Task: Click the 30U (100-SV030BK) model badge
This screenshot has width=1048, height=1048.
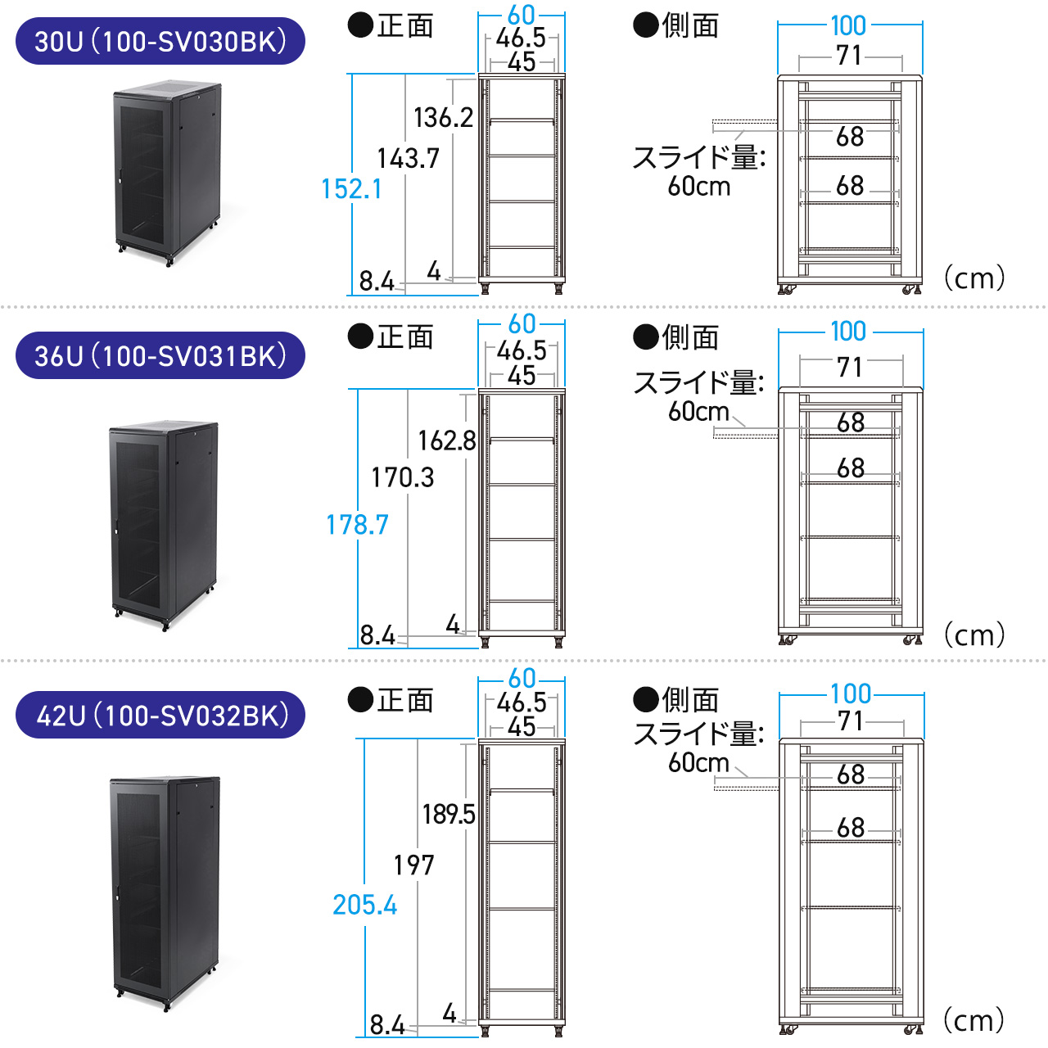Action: tap(160, 41)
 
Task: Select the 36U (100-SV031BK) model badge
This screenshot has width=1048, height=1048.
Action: tap(160, 355)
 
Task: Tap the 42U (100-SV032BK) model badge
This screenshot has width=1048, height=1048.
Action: tap(160, 715)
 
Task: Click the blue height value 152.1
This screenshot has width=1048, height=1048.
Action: tap(351, 189)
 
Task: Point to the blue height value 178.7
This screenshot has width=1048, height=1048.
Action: tap(357, 525)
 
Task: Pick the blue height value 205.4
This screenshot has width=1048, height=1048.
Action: tap(364, 905)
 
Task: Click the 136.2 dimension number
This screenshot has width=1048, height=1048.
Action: tap(443, 118)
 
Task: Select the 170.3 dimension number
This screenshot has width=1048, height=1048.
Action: tap(402, 477)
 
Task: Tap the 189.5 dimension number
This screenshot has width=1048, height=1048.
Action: tap(448, 814)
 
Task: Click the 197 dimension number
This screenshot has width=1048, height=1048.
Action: tap(413, 865)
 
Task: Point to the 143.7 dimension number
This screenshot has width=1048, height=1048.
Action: tap(408, 158)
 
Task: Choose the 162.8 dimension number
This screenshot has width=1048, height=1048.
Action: tap(446, 441)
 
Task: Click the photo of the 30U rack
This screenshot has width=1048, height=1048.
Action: tap(168, 172)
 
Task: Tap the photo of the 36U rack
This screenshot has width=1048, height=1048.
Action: tap(164, 524)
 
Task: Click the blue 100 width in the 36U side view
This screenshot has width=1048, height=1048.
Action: tap(848, 332)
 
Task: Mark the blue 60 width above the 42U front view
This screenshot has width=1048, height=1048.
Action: tap(522, 679)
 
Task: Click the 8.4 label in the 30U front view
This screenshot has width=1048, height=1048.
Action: tap(377, 282)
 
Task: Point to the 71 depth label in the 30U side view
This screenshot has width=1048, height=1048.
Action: tap(849, 56)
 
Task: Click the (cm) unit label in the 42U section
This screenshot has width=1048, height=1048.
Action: tap(973, 1020)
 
